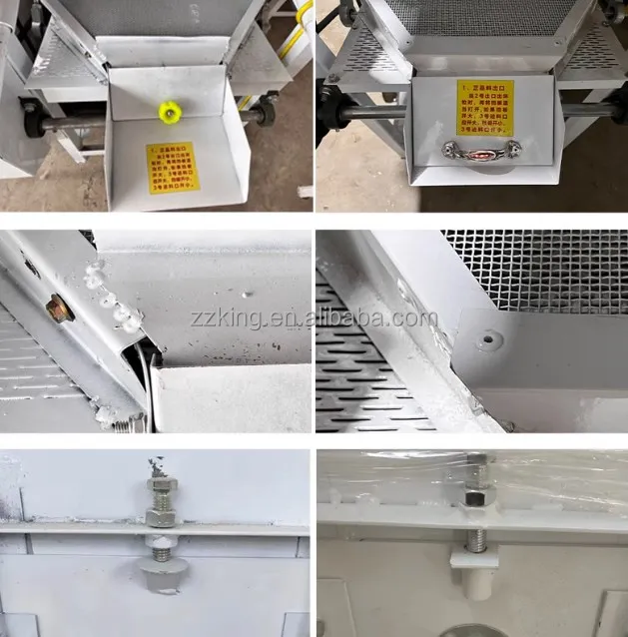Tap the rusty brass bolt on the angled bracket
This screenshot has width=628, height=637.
[x=59, y=309]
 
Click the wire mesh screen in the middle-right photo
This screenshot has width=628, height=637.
[x=539, y=270]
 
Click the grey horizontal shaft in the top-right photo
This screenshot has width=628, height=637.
[x=374, y=112]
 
